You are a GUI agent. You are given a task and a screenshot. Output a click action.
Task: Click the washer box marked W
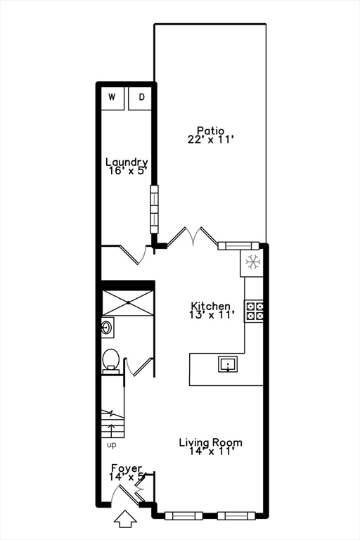coord(112,98)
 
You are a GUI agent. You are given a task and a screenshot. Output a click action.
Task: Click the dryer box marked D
coord(141,98)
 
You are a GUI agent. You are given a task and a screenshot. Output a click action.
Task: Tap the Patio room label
coord(210,130)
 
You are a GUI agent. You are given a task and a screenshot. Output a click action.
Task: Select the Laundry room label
coord(127,162)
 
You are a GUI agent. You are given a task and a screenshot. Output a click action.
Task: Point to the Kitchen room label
coord(211,307)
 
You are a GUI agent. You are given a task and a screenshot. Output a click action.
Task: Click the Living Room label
coord(210,442)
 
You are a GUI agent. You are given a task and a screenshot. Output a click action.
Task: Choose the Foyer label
coord(127,468)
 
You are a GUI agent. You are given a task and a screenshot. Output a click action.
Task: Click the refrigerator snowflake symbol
coord(253,263)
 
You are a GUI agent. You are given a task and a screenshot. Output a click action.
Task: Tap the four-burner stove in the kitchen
coord(254,311)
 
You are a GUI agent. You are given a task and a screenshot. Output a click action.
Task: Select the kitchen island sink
coord(227,364)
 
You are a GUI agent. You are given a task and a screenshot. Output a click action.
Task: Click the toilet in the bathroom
coord(111,359)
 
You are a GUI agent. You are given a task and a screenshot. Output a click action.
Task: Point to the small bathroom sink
coord(108,326)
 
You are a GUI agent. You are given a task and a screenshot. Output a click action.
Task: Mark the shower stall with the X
coord(127,302)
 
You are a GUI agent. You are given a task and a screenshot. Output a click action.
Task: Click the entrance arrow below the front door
coord(126,520)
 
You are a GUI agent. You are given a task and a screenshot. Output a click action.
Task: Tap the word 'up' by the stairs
coord(112,445)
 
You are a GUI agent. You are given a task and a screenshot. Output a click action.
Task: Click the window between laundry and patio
coord(154,210)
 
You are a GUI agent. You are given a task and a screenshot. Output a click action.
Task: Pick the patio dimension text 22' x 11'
coord(210,140)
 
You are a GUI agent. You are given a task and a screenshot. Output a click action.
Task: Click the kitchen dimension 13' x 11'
coord(211,316)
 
